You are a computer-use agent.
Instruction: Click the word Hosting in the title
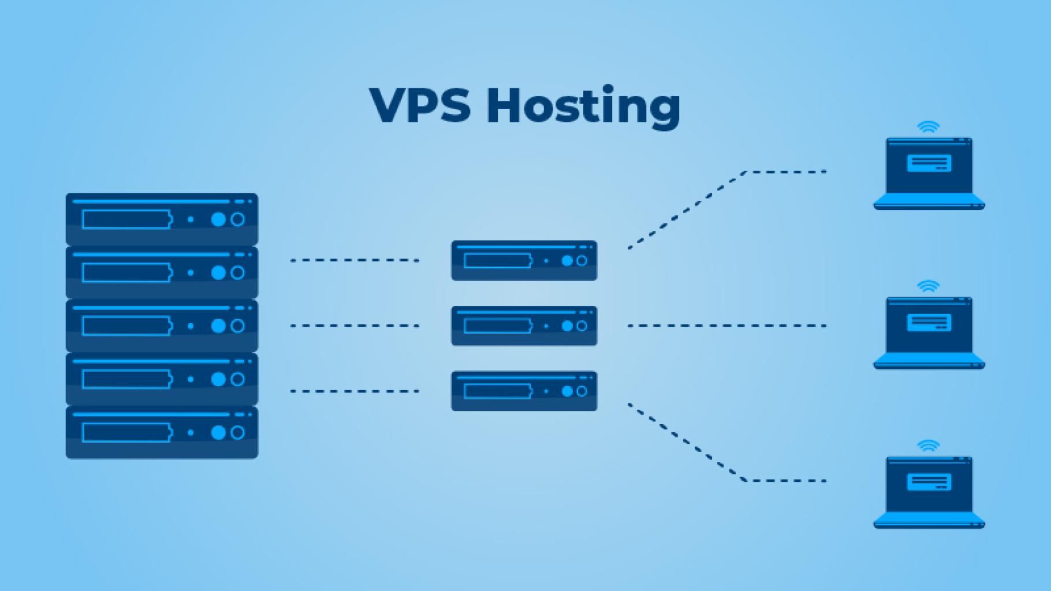point(583,107)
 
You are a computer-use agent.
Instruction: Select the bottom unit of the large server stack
point(162,432)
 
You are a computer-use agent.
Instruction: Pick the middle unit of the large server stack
point(162,326)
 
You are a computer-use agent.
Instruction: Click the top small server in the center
point(524,261)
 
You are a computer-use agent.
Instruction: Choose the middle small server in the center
point(524,326)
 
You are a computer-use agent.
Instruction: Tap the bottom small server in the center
point(524,391)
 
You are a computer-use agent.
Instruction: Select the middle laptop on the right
point(929,332)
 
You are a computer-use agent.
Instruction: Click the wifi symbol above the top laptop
point(928,127)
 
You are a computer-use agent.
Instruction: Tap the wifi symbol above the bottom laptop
point(928,446)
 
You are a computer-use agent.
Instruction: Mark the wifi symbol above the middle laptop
point(928,286)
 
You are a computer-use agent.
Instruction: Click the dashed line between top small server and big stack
point(355,260)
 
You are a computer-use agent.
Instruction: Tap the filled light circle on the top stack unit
point(218,219)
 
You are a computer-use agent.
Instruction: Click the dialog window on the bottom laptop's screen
point(929,482)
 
